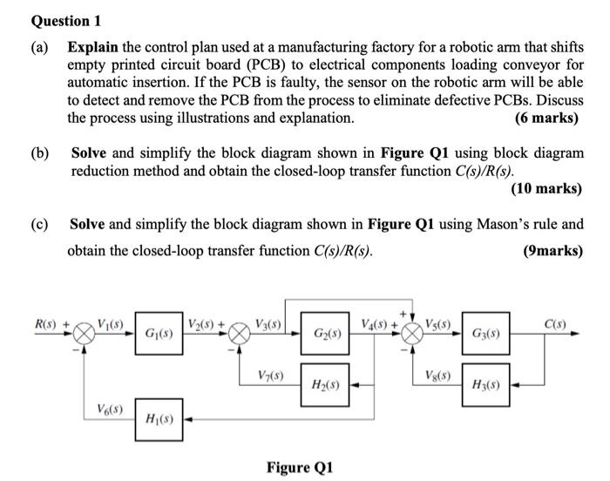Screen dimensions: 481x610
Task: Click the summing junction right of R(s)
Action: [x=84, y=333]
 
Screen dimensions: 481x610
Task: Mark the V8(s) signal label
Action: [x=437, y=375]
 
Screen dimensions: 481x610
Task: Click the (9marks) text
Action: [x=552, y=250]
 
